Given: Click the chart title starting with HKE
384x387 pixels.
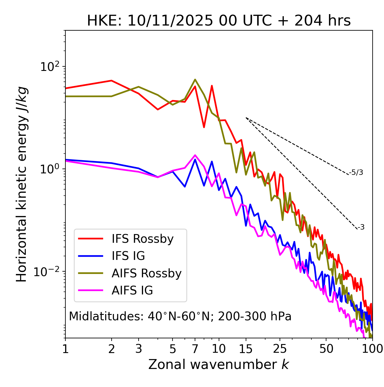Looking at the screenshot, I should [219, 21].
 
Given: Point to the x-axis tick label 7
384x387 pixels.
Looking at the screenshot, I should [195, 349].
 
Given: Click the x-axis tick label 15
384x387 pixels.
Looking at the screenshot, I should [246, 349].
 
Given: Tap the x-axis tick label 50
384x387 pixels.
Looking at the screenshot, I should [326, 349].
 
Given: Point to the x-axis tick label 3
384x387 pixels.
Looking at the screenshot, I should [139, 349].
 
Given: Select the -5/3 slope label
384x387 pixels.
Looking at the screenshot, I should [356, 172].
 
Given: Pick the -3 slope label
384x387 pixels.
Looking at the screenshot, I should [361, 227].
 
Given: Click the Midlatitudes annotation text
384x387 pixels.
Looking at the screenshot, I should [180, 316].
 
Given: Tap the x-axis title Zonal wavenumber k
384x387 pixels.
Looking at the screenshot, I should [219, 364].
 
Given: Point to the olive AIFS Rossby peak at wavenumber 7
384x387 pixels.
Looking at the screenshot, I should [195, 80].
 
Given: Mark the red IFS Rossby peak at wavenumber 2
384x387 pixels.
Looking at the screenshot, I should [112, 81].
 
